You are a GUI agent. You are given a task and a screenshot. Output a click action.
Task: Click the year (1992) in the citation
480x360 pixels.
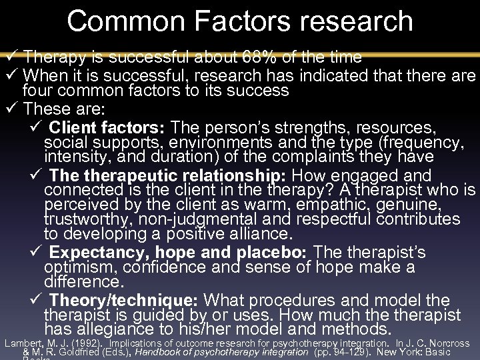click(79, 343)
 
